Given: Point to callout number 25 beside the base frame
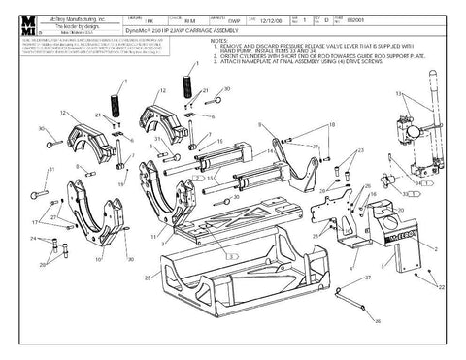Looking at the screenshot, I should [x=147, y=279].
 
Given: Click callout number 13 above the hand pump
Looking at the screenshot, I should [x=399, y=93].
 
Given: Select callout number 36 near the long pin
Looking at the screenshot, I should [x=378, y=319].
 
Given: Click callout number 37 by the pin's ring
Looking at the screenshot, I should [x=370, y=277].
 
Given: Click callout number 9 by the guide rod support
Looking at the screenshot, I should [x=260, y=124].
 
